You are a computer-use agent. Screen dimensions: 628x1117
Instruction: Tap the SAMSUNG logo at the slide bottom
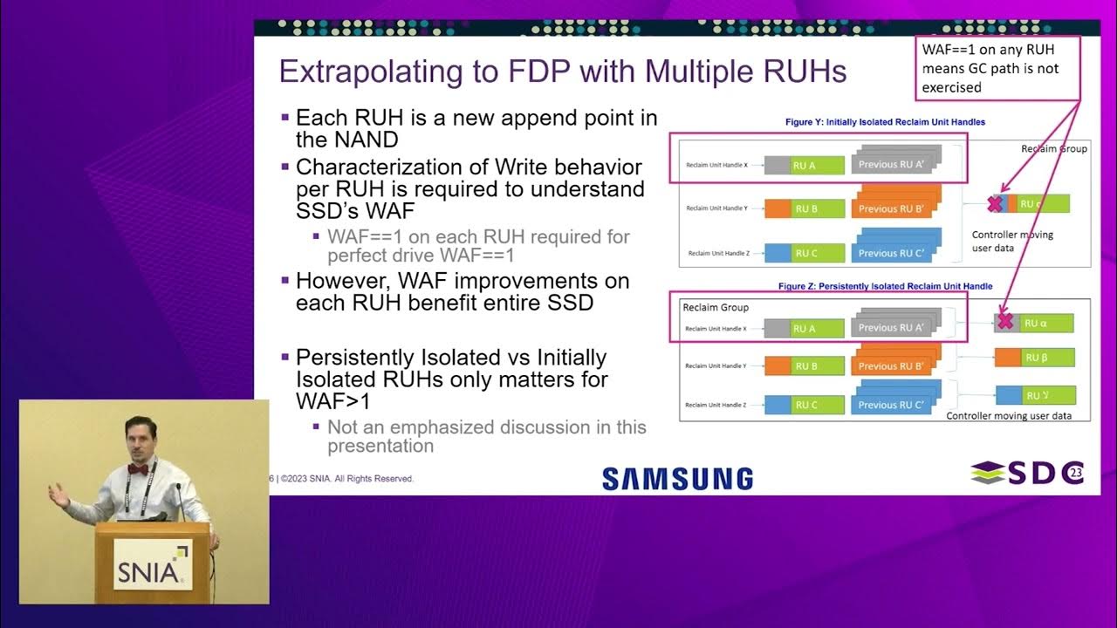[677, 478]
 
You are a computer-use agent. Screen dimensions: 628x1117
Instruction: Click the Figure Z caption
[885, 286]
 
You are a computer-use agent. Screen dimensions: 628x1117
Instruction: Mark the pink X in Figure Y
[994, 204]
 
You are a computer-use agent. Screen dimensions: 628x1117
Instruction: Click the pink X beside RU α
[1004, 321]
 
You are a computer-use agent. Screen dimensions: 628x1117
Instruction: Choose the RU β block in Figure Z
[1034, 358]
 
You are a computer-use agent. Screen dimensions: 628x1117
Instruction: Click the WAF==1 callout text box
[997, 67]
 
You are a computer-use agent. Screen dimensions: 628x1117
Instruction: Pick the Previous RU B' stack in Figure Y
[897, 206]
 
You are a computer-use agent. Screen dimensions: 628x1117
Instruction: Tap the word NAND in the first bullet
[347, 140]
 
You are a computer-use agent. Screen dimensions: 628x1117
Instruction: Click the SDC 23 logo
[1026, 473]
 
